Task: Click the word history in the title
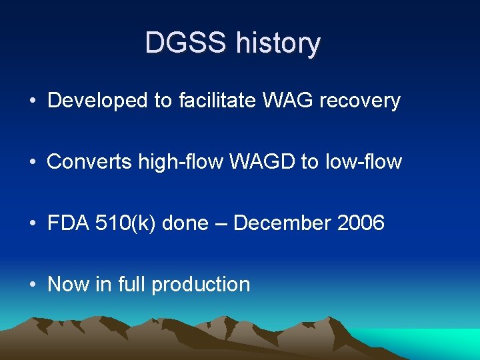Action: pos(278,43)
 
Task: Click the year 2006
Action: pos(361,223)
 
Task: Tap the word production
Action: pos(201,285)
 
